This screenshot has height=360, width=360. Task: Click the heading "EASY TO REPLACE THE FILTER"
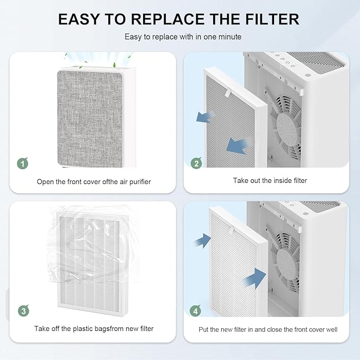point(179,19)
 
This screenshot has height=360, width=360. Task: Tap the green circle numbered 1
point(22,163)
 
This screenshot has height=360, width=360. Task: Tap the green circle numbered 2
point(196,163)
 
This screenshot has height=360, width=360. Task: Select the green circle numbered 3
point(22,311)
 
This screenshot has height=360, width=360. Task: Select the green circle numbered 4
point(196,311)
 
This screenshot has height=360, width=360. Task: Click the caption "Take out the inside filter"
point(270,181)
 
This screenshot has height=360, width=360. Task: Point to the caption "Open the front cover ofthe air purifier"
point(94,182)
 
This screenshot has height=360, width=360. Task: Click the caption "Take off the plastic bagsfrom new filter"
point(94,329)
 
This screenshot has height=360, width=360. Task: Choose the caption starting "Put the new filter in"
point(268,329)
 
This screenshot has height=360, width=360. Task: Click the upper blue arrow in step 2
point(205,117)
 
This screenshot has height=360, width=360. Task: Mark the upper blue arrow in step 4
point(201,242)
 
